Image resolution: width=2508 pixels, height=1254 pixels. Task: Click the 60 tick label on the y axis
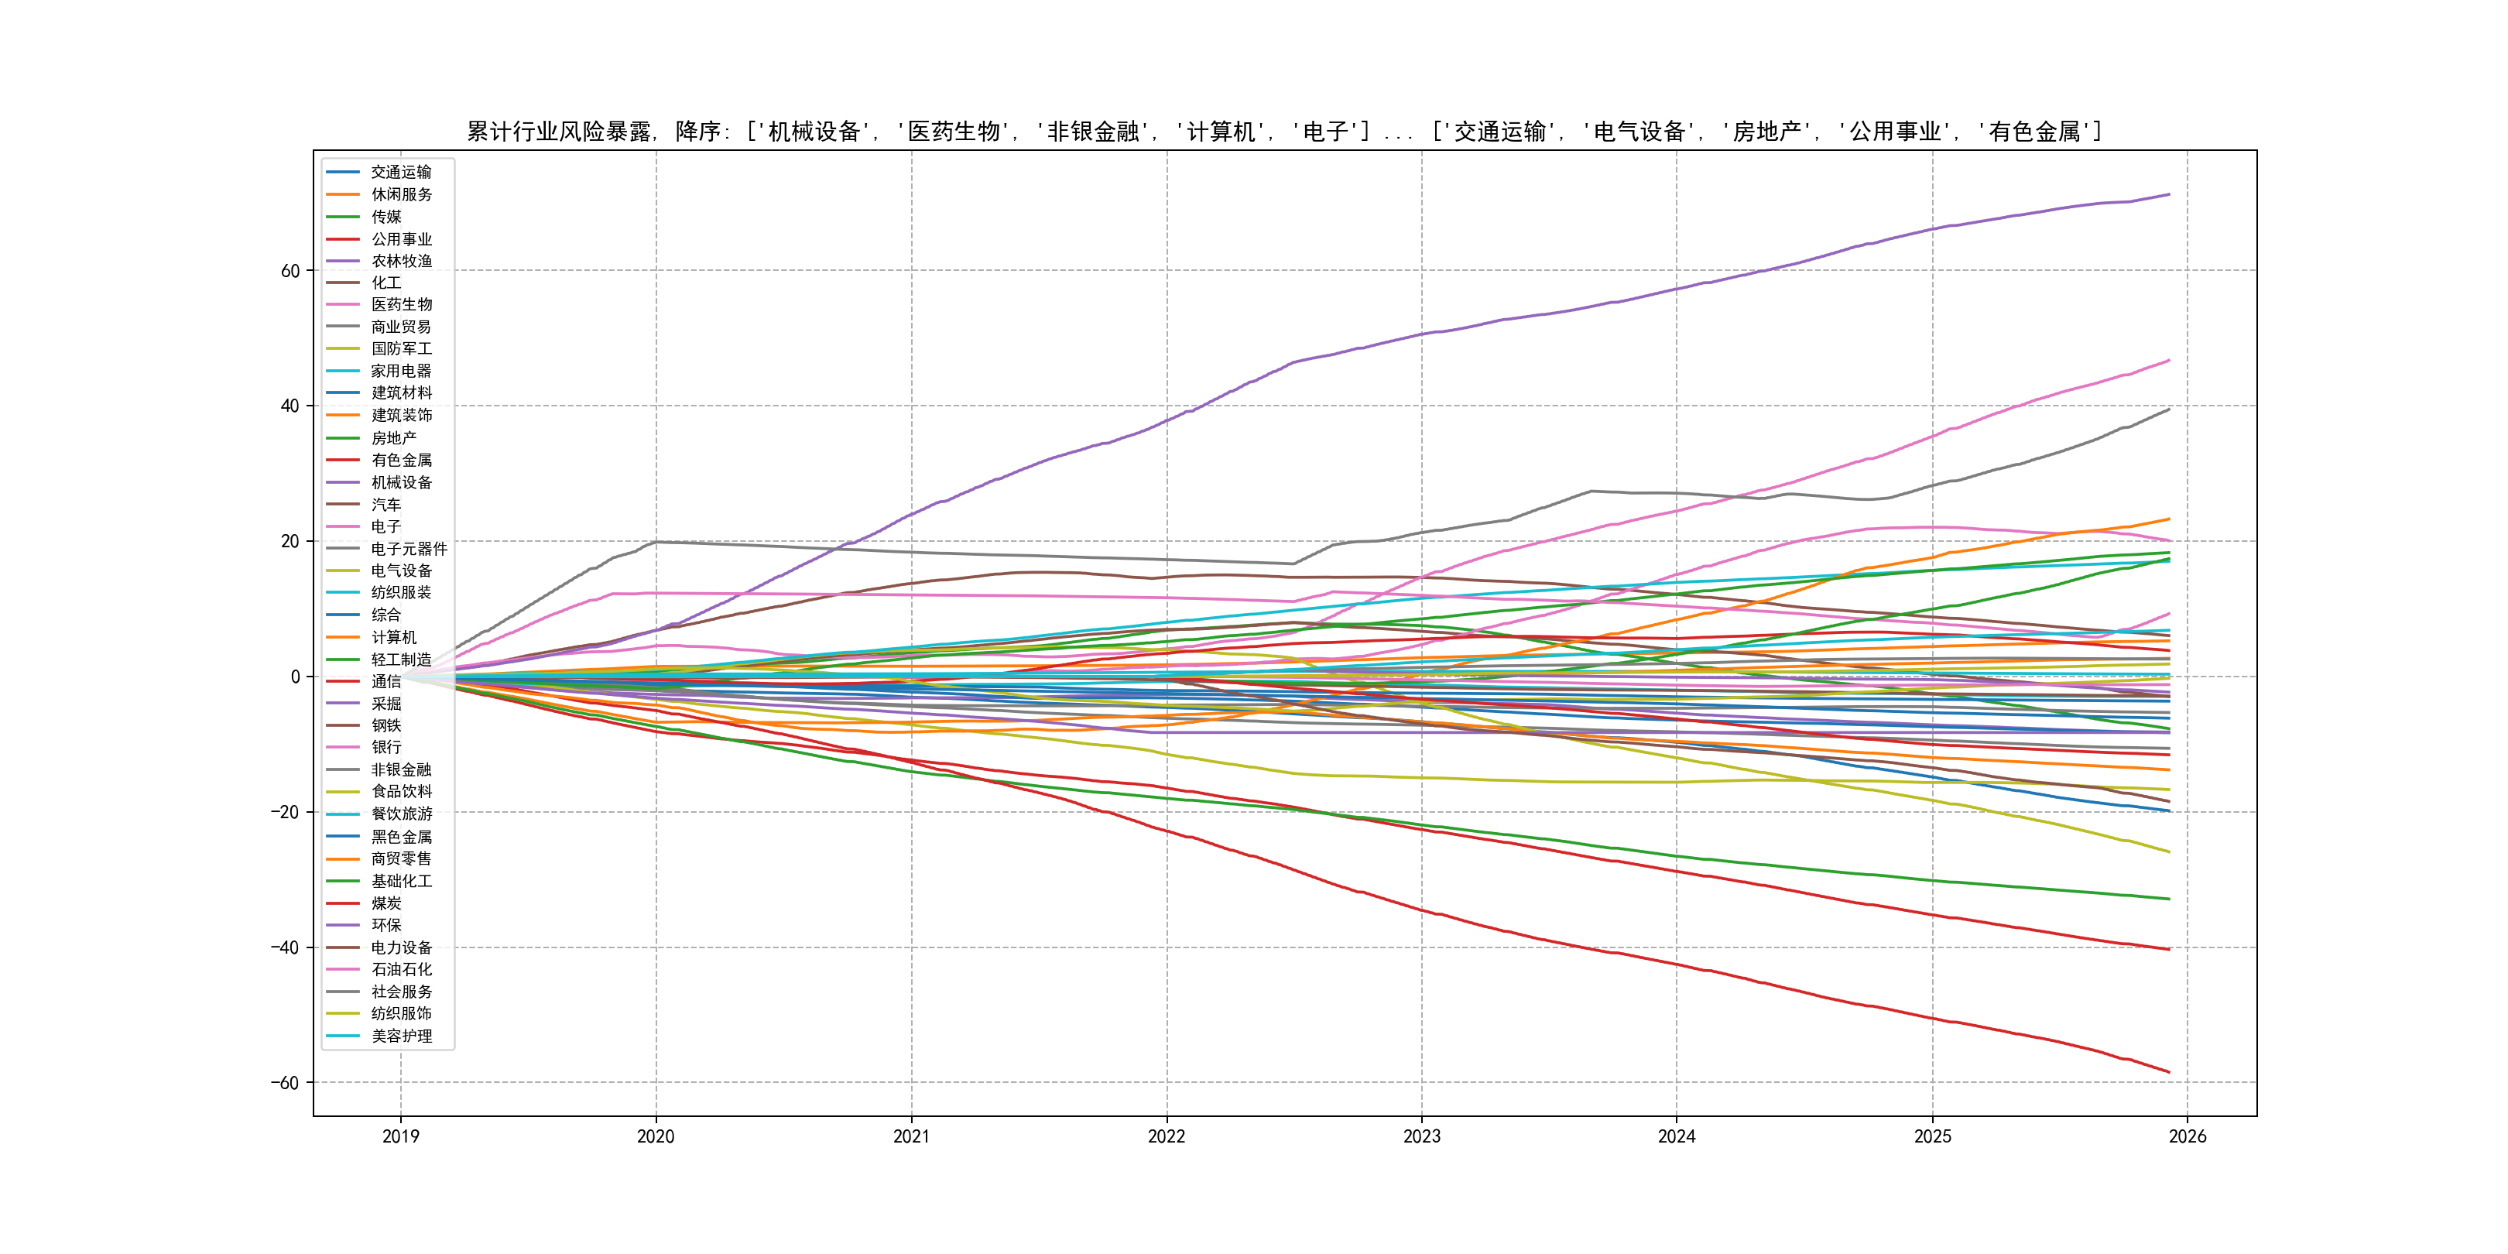(290, 271)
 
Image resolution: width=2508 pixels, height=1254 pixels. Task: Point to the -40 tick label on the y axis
(286, 947)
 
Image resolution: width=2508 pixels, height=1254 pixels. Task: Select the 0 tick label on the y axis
(295, 677)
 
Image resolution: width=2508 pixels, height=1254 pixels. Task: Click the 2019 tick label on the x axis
(400, 1136)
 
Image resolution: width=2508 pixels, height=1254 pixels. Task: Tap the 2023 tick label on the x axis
(1421, 1136)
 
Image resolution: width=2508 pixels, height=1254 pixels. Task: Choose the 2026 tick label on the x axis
(2187, 1136)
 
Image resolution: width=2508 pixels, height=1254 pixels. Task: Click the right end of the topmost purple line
(2168, 195)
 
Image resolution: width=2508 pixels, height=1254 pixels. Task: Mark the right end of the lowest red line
(2168, 1072)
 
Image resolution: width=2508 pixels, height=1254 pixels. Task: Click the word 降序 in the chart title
(698, 132)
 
